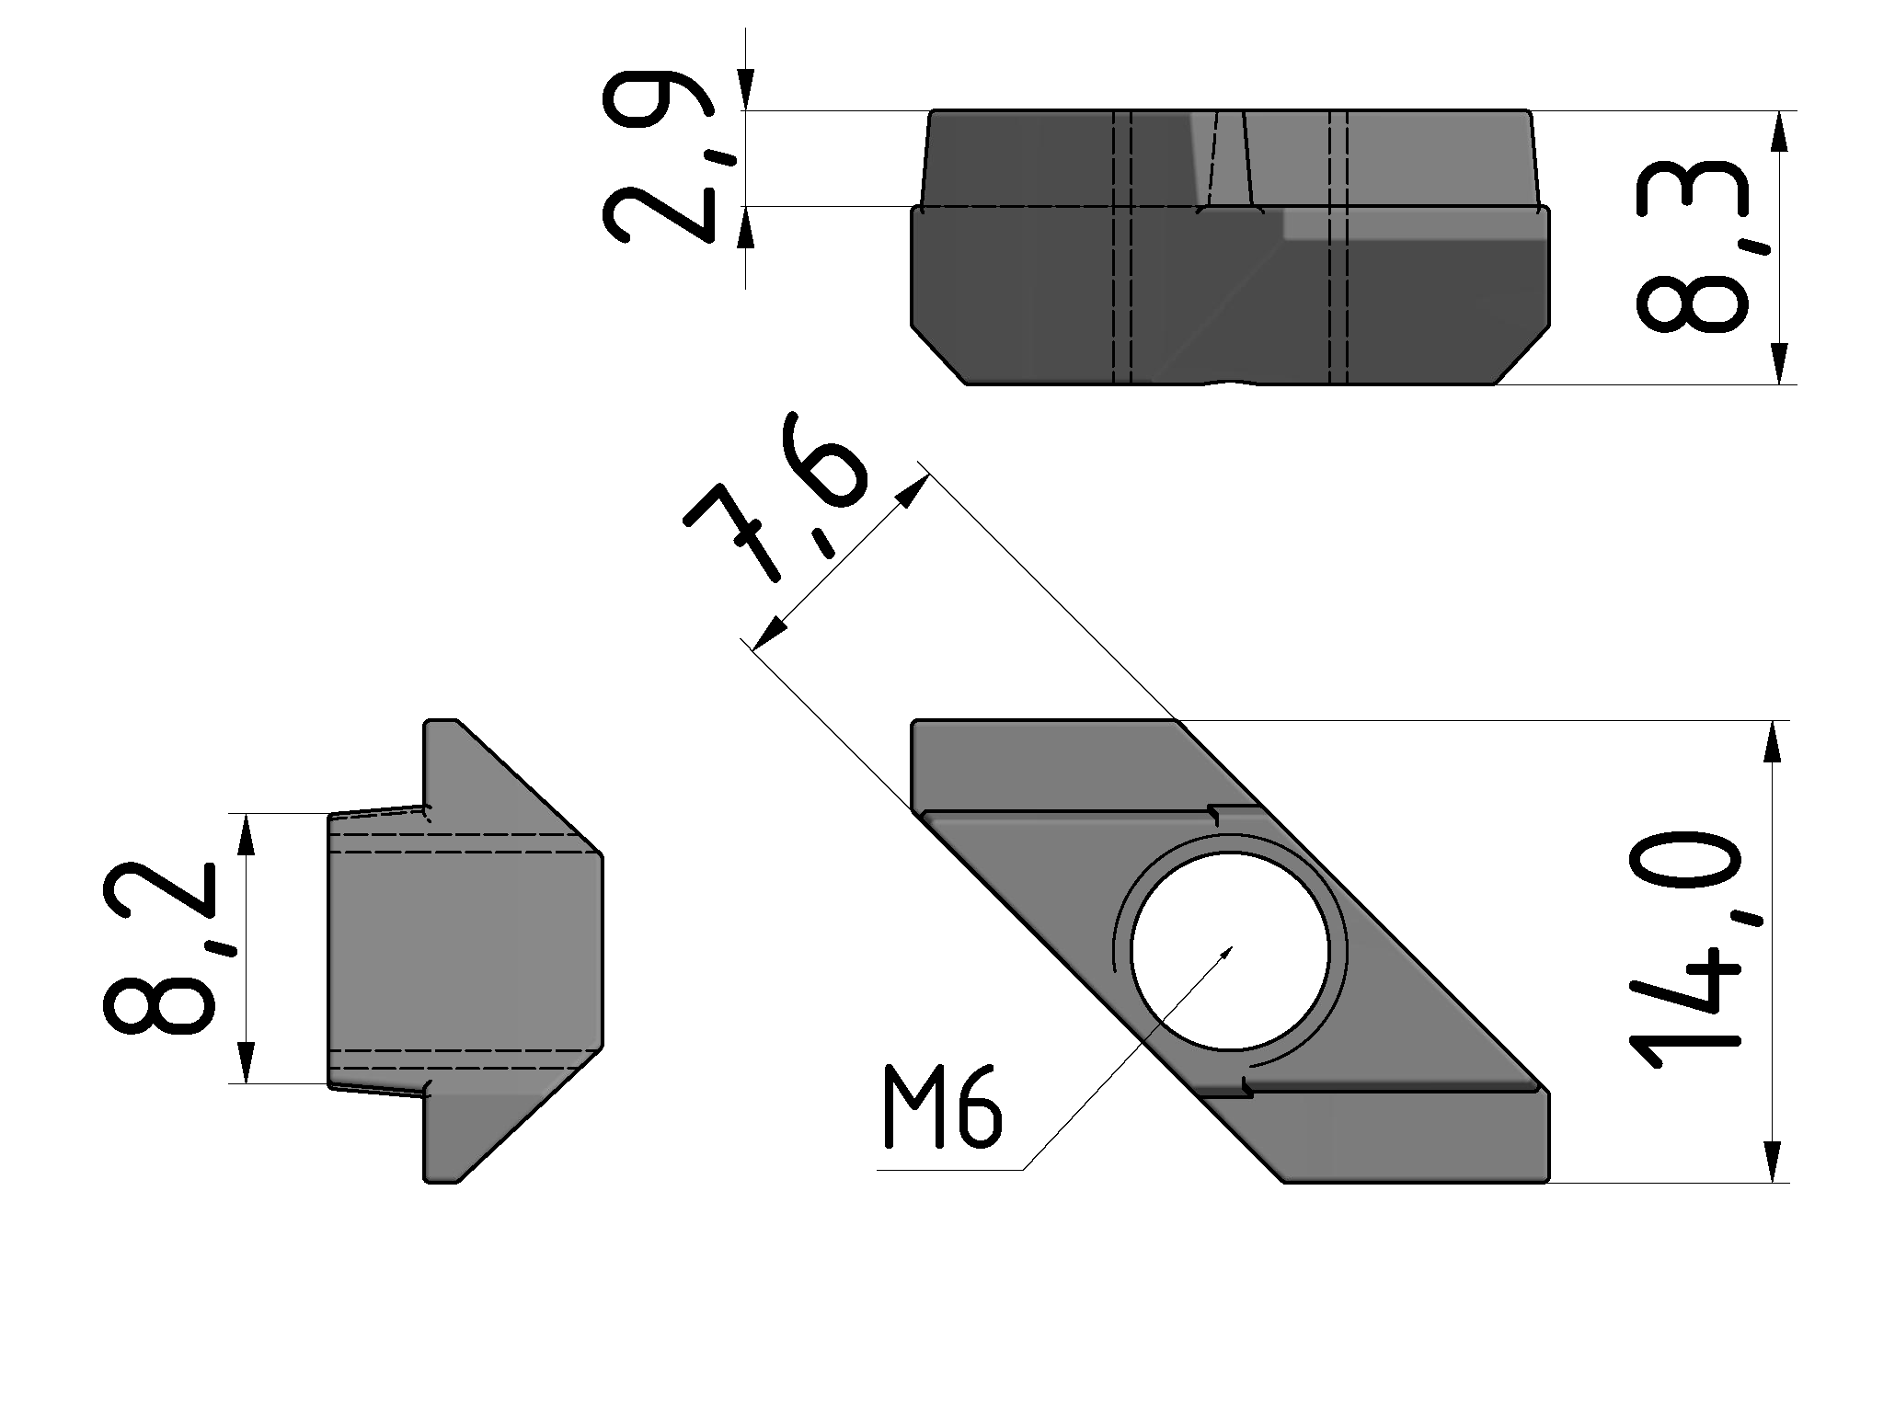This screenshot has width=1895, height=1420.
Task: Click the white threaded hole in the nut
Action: click(x=1230, y=951)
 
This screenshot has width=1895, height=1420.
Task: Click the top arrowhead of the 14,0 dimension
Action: click(x=1774, y=739)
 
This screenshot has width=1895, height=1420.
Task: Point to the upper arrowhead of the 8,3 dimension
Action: click(x=1781, y=132)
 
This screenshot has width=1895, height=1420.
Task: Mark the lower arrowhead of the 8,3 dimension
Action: click(x=1781, y=363)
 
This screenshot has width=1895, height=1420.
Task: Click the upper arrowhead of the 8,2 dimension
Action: click(x=246, y=834)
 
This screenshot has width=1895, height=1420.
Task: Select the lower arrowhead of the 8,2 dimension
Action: click(x=246, y=1063)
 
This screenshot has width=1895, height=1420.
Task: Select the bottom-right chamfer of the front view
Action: click(x=1522, y=354)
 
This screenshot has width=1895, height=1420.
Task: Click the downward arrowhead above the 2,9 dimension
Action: click(x=745, y=89)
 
